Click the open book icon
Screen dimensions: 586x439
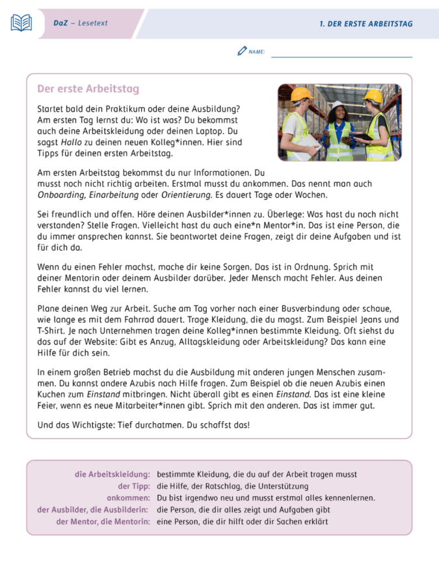[21, 23]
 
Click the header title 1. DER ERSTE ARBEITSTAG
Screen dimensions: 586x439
[366, 23]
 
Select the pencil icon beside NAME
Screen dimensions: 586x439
[242, 51]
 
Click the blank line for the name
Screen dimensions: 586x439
[341, 55]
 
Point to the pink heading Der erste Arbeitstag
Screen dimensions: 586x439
[88, 89]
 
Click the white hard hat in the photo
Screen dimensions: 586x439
[338, 105]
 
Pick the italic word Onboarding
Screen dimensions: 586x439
[62, 195]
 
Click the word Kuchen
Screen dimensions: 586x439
[52, 395]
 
